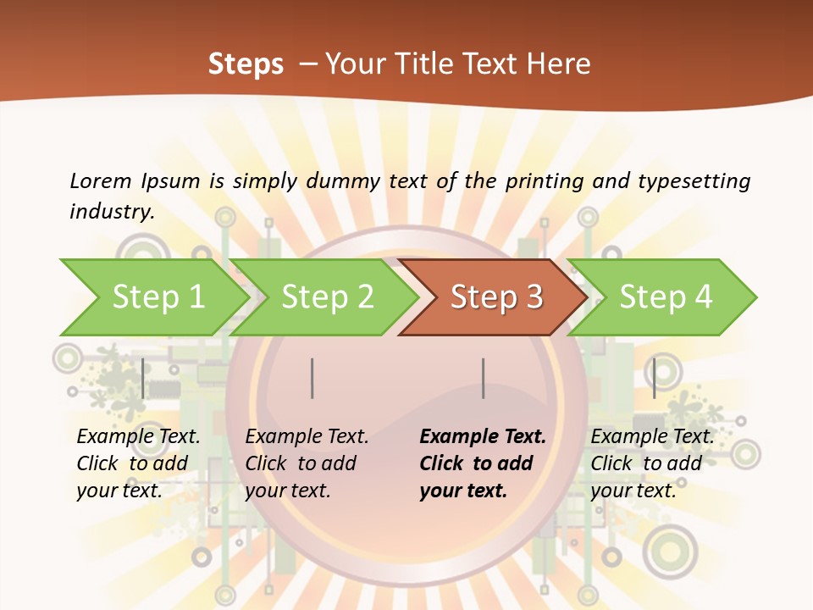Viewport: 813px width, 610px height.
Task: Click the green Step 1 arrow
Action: click(158, 297)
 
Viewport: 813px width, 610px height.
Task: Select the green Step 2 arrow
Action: click(327, 297)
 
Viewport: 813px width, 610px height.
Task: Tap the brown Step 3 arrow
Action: click(496, 297)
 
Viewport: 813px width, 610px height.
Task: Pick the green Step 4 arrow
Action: click(666, 297)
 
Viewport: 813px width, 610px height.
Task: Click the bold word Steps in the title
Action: click(246, 64)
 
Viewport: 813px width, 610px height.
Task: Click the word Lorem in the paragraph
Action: click(100, 180)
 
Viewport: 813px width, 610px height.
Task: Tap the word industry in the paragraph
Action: click(112, 212)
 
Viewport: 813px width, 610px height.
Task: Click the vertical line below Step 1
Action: click(143, 378)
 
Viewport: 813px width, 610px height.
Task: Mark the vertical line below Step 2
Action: click(312, 378)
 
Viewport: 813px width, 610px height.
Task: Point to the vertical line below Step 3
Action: click(483, 378)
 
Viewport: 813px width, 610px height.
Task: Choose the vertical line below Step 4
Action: click(654, 378)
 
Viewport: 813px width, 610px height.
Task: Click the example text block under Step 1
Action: click(138, 463)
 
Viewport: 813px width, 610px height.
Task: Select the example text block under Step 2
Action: click(307, 463)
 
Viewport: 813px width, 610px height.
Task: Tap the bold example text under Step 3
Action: click(483, 463)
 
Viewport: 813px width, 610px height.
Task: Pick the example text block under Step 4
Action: click(652, 463)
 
